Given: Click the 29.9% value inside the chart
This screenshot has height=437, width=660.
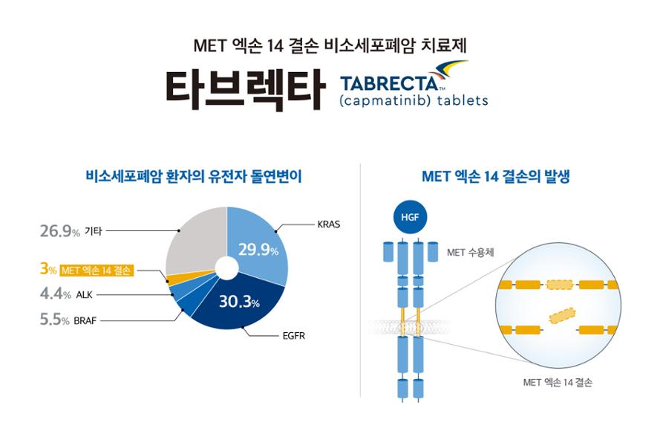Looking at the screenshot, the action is click(x=258, y=250).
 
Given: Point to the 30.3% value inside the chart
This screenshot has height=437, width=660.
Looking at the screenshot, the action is click(x=239, y=302).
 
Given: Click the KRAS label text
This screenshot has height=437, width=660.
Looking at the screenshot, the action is click(x=328, y=224).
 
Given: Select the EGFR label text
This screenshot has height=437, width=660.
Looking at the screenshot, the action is click(x=293, y=336).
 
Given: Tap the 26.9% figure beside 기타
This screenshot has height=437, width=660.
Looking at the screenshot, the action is click(x=60, y=231).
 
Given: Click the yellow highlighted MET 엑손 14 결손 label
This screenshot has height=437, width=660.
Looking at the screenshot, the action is click(x=97, y=270).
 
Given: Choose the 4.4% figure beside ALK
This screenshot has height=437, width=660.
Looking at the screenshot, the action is click(x=55, y=294).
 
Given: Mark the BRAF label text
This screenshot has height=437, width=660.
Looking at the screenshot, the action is click(x=85, y=321).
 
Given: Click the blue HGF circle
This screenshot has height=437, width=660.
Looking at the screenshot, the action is click(x=410, y=217).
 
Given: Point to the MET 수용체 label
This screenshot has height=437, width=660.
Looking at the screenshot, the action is click(x=470, y=253).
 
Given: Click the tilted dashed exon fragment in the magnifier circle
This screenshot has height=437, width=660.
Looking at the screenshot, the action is click(x=562, y=315).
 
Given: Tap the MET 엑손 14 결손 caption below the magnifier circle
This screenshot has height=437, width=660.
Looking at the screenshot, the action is click(x=558, y=382).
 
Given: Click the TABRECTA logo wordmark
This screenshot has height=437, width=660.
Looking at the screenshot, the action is click(x=391, y=83).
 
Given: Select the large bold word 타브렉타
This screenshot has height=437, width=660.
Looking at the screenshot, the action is click(x=246, y=89).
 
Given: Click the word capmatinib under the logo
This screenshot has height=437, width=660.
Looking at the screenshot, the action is click(x=385, y=101).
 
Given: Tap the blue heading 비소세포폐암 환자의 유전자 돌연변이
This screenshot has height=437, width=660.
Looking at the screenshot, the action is click(x=194, y=176).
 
